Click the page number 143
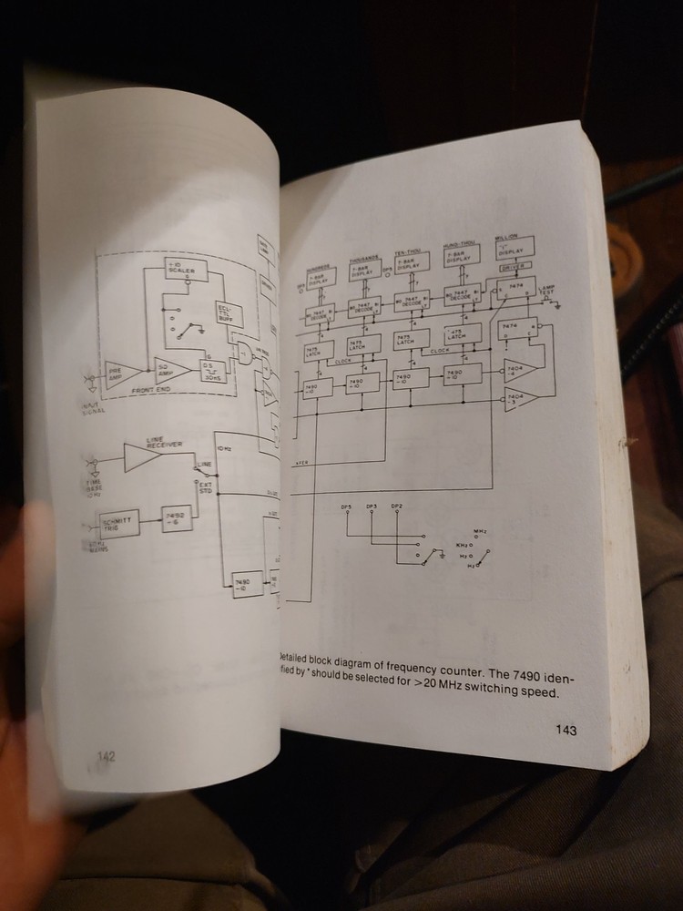point(565,729)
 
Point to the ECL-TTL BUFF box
point(226,316)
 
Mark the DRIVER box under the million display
point(515,267)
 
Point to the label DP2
point(395,506)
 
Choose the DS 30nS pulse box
point(212,370)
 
